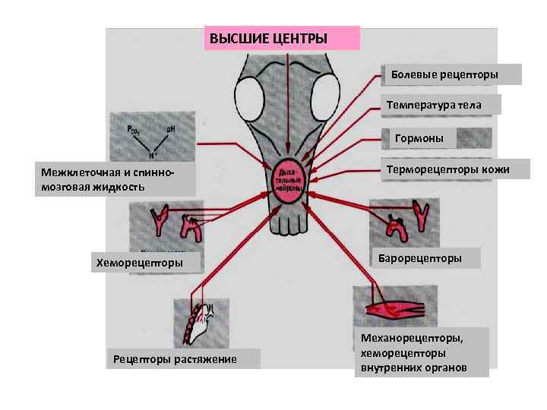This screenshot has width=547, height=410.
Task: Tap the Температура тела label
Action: point(441,104)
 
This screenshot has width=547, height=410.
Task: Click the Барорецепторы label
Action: point(425,258)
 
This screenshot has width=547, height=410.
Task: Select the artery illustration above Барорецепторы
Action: point(403,220)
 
